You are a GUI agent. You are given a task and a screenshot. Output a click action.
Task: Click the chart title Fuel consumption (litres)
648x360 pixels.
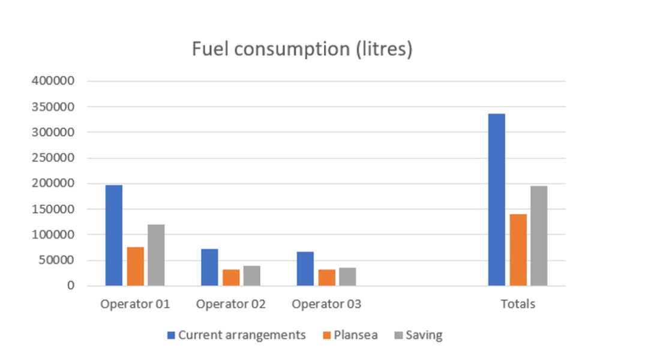coord(302,49)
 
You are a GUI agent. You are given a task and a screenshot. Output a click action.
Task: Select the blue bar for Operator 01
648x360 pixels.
coord(114,235)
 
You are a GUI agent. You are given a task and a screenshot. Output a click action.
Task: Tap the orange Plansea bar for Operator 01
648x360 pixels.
coord(135,266)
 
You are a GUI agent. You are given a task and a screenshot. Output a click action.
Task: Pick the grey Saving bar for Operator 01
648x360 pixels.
coord(156,255)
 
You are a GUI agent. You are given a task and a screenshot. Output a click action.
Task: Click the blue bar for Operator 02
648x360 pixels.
coord(209,267)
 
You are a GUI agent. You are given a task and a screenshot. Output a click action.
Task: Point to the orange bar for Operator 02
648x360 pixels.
coord(231,277)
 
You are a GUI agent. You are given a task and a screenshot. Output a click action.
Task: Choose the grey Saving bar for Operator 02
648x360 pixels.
coord(252,275)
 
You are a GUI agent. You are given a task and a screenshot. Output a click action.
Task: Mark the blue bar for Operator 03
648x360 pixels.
coord(305,269)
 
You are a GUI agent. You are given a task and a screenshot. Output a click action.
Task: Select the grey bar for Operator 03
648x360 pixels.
coord(347,277)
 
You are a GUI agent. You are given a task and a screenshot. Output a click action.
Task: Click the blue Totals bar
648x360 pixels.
coord(497,200)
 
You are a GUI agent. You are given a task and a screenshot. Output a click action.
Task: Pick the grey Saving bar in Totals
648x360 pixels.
coord(539,236)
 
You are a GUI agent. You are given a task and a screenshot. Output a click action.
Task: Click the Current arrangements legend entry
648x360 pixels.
coord(236,335)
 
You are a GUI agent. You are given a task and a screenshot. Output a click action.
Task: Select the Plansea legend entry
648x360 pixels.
coord(350,335)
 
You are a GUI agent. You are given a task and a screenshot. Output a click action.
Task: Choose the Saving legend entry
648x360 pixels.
coord(418,335)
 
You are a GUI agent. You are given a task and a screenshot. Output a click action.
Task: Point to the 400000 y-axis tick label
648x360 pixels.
coord(54,81)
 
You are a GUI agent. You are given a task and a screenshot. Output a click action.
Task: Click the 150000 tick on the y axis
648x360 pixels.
coord(54,209)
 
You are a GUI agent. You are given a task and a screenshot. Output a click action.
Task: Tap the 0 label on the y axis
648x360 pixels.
coord(71,286)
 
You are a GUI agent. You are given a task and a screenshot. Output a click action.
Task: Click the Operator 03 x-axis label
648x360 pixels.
coord(326,304)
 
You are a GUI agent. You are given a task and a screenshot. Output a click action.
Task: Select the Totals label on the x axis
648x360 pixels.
coord(518,304)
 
